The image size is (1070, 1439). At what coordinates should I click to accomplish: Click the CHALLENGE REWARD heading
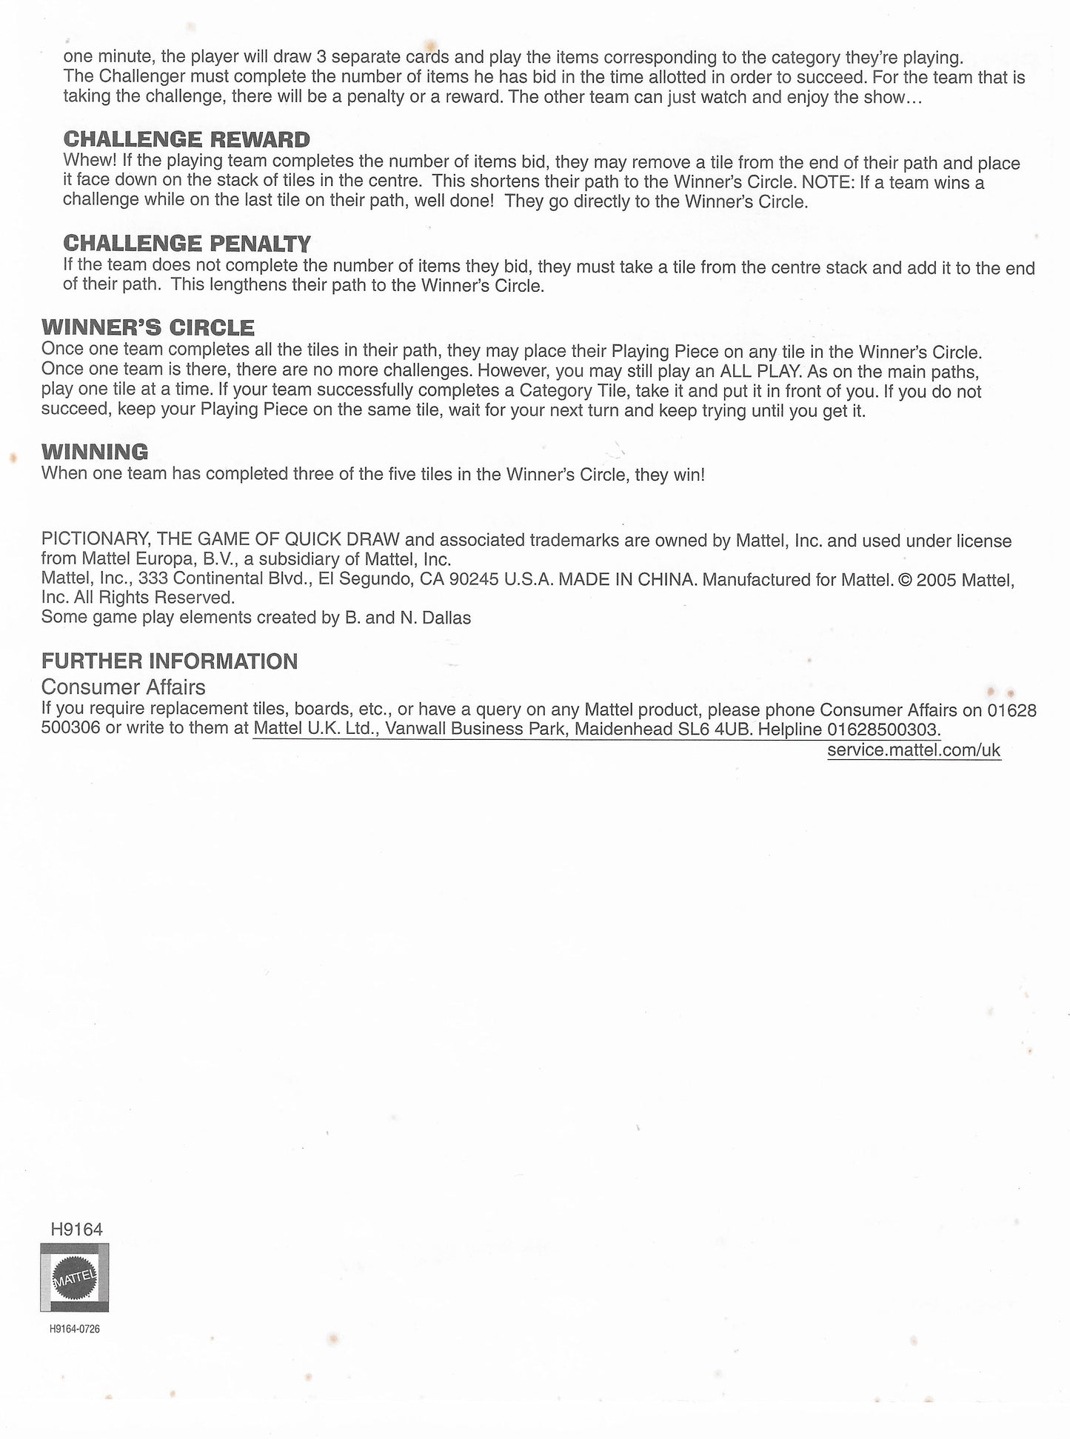[x=187, y=139]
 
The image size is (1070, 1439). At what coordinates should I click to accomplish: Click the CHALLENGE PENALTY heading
[x=187, y=243]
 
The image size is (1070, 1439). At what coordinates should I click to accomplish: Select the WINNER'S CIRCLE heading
[x=148, y=327]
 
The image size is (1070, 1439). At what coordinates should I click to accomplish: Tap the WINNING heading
[x=95, y=452]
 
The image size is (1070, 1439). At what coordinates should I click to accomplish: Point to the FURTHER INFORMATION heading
[x=170, y=661]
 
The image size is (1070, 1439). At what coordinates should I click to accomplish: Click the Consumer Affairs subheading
[x=123, y=687]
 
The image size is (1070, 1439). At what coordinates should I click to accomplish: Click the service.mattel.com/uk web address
[x=914, y=750]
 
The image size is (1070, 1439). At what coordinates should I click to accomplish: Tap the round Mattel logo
[x=74, y=1278]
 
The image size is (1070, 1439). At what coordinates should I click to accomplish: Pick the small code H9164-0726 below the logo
[x=75, y=1329]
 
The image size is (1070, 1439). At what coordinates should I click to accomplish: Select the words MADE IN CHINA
[x=628, y=579]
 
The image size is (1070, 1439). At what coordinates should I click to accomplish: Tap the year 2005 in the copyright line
[x=935, y=579]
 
